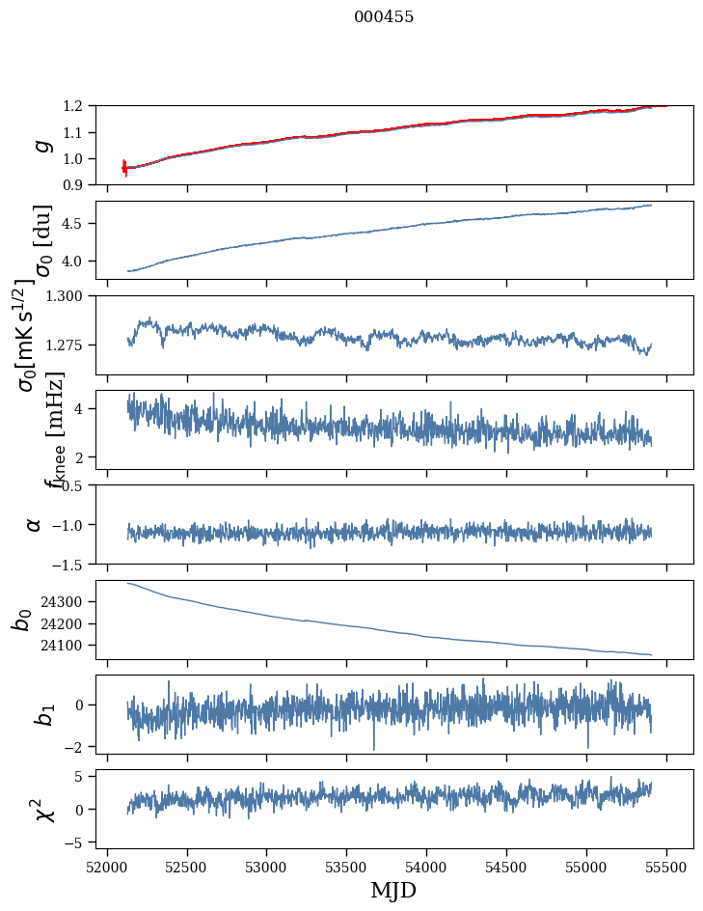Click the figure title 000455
coord(384,17)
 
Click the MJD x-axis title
coord(393,890)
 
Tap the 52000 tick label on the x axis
coord(107,866)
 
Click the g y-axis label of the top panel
coord(41,145)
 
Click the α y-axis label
coord(35,524)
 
